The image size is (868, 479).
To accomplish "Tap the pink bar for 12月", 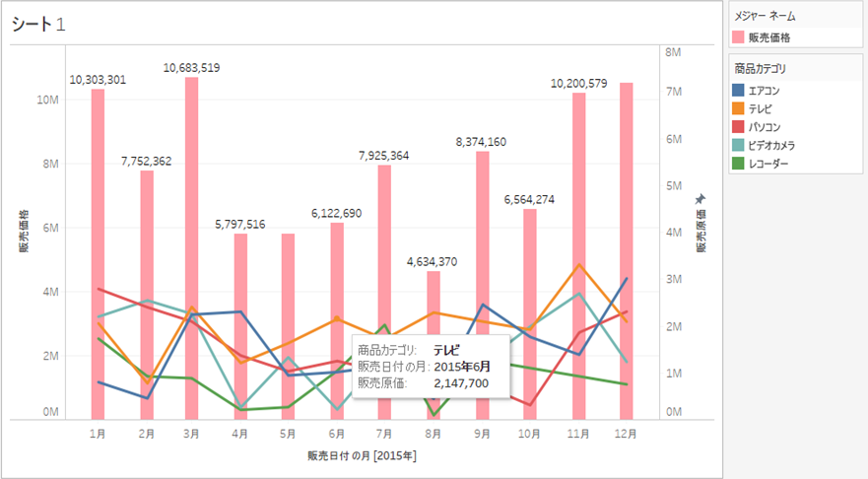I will (x=627, y=197).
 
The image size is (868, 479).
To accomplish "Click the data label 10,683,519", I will (x=192, y=68).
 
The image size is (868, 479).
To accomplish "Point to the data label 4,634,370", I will (x=434, y=262).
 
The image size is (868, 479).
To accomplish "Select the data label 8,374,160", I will (x=482, y=142).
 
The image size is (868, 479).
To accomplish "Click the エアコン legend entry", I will (x=765, y=90).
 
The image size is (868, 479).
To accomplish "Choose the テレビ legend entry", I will (x=760, y=108).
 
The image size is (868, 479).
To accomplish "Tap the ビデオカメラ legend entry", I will (x=771, y=145).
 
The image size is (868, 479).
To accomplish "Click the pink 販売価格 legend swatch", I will (x=739, y=36).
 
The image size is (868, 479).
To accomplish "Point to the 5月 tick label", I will (x=289, y=433).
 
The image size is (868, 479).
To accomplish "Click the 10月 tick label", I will (x=530, y=433).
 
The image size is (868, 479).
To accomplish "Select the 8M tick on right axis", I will (x=674, y=50).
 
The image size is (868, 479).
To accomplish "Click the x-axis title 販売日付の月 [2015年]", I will (x=362, y=456).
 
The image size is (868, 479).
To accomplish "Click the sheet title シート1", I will (x=39, y=25).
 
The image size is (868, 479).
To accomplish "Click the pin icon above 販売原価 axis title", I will (x=701, y=199).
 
